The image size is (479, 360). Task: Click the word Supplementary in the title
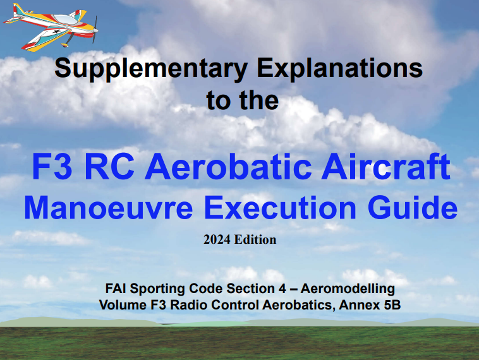(x=151, y=69)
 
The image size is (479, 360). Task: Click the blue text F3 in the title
(x=52, y=167)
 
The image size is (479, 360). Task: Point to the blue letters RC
(x=109, y=167)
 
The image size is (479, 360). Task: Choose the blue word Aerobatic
(x=229, y=167)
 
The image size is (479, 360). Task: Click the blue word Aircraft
(x=386, y=167)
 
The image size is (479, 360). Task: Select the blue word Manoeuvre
(x=109, y=207)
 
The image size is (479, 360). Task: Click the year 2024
(x=217, y=240)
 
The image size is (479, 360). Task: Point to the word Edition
(x=255, y=240)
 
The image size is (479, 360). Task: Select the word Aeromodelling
(x=348, y=289)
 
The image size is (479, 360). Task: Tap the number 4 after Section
(x=282, y=289)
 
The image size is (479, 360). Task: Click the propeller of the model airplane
(x=95, y=30)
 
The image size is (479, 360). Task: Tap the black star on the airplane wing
(x=56, y=31)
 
